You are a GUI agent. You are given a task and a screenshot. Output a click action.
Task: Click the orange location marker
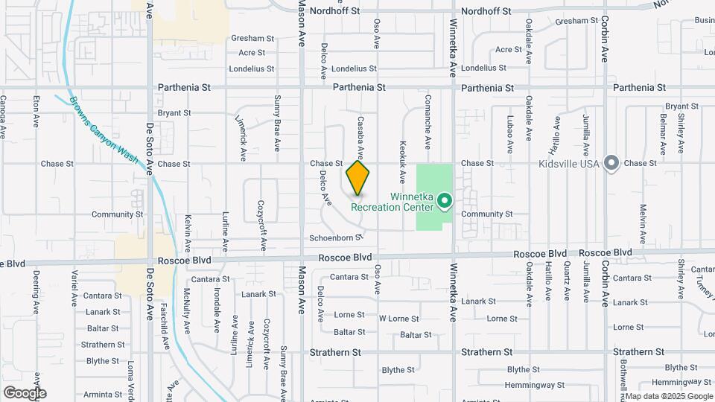pyautogui.click(x=357, y=177)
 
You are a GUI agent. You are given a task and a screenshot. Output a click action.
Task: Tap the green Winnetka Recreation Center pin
pyautogui.click(x=445, y=201)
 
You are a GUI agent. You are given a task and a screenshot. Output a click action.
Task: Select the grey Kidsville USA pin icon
pyautogui.click(x=612, y=162)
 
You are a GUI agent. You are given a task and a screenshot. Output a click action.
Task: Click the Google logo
pyautogui.click(x=25, y=393)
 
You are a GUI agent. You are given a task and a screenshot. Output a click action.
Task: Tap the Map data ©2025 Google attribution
pyautogui.click(x=670, y=396)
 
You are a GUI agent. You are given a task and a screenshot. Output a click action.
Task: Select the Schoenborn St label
pyautogui.click(x=336, y=237)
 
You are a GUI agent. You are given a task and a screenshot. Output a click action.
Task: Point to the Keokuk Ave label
pyautogui.click(x=402, y=162)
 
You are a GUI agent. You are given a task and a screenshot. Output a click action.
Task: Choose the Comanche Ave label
pyautogui.click(x=428, y=120)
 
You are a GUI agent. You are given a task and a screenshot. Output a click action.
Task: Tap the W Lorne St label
pyautogui.click(x=398, y=319)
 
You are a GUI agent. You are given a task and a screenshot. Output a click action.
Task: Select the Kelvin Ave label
pyautogui.click(x=188, y=232)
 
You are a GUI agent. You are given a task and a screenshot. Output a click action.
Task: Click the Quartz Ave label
pyautogui.click(x=567, y=281)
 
